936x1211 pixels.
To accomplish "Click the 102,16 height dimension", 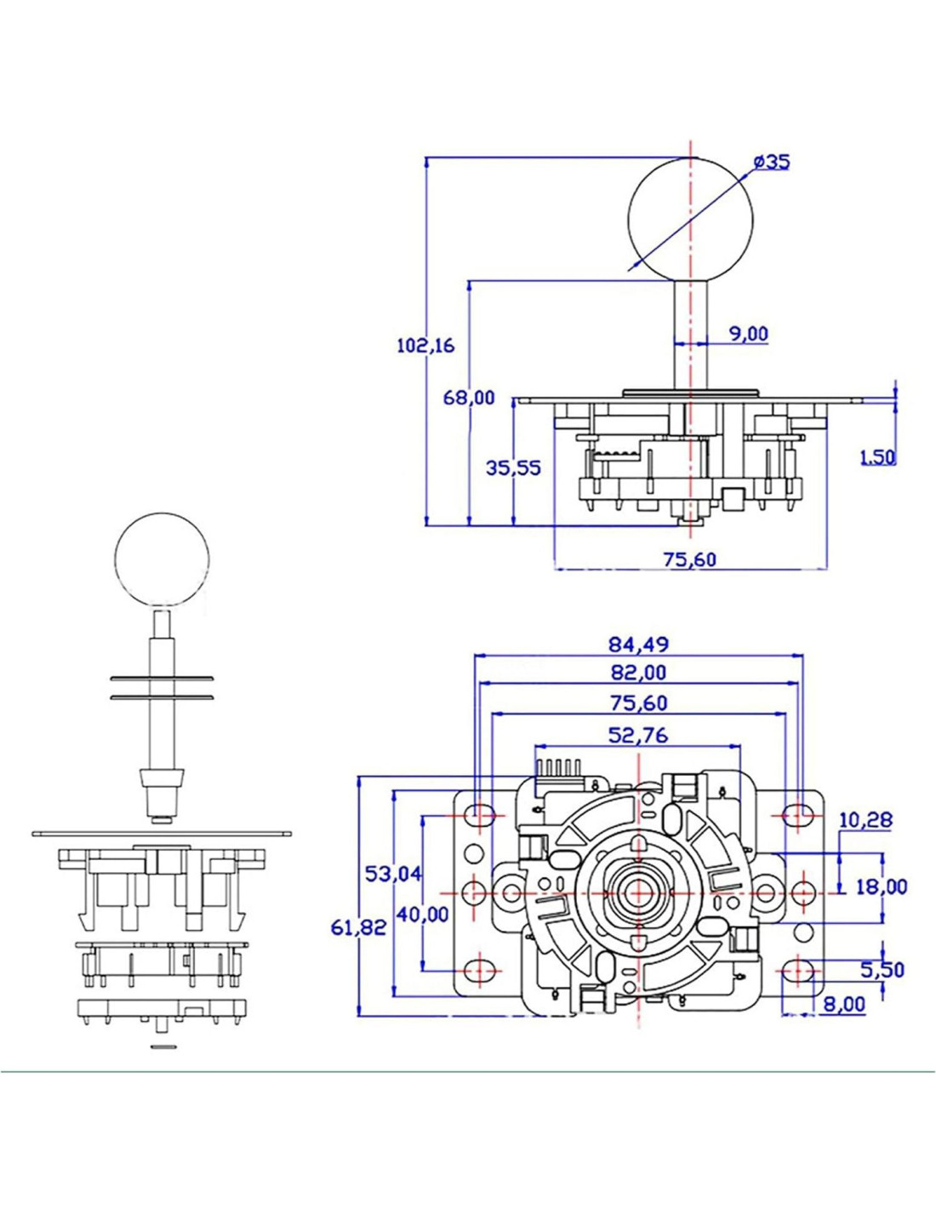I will pyautogui.click(x=426, y=346).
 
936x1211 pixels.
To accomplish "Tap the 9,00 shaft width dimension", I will pyautogui.click(x=748, y=334).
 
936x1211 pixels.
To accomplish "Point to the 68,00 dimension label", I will pyautogui.click(x=469, y=398).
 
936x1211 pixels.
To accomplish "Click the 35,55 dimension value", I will pyautogui.click(x=513, y=468).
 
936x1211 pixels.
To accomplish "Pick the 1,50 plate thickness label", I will pyautogui.click(x=877, y=456).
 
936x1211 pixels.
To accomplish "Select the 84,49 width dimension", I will pyautogui.click(x=638, y=643).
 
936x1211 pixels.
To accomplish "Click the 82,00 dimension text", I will pyautogui.click(x=638, y=673).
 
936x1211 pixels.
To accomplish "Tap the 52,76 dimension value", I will pyautogui.click(x=638, y=734).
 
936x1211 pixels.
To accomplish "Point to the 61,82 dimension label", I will pyautogui.click(x=358, y=927).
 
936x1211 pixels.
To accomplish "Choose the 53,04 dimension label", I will pyautogui.click(x=393, y=873).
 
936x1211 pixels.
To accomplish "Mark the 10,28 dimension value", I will pyautogui.click(x=865, y=820).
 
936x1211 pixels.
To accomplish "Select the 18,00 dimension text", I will pyautogui.click(x=882, y=887).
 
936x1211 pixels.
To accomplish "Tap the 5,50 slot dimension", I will pyautogui.click(x=882, y=969).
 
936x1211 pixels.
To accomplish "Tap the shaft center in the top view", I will pyautogui.click(x=636, y=892).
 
